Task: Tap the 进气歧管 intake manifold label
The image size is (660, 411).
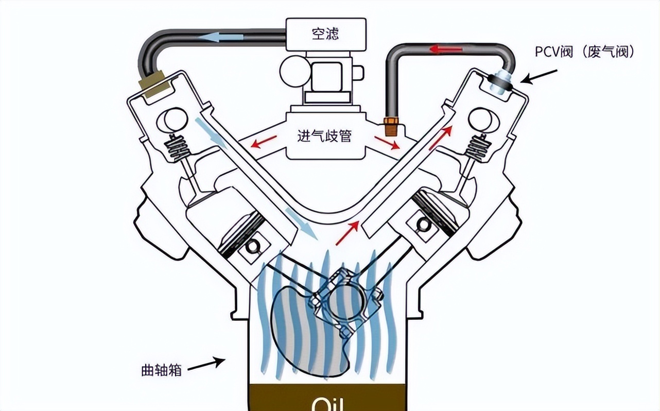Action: [x=324, y=136]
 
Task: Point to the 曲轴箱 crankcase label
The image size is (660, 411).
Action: [x=161, y=370]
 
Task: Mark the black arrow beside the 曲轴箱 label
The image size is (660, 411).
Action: [x=205, y=364]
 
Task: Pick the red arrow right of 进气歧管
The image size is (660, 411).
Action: [x=387, y=143]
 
